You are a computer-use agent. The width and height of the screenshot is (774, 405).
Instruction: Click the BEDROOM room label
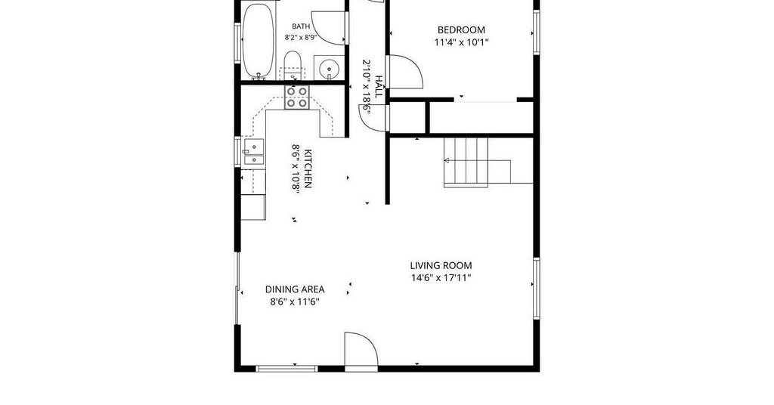point(461,29)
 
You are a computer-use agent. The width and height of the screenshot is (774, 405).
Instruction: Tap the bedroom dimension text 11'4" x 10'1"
point(461,42)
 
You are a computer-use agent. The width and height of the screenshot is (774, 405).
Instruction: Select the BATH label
point(301,26)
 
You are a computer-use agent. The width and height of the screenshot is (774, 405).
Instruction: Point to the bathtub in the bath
point(258,41)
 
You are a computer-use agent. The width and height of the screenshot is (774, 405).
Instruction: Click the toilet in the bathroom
point(293,65)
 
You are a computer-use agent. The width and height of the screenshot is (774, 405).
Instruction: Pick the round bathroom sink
point(328,68)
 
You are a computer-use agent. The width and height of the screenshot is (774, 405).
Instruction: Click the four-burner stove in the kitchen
point(297,97)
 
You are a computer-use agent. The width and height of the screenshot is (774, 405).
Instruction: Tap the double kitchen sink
point(254,152)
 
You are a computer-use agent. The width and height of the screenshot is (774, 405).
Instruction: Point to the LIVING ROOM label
point(441,265)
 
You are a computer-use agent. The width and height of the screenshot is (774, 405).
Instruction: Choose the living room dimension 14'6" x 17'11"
point(441,278)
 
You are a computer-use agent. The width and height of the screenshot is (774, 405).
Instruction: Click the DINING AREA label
point(295,289)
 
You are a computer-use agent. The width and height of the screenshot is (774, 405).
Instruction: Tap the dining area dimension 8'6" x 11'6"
point(295,301)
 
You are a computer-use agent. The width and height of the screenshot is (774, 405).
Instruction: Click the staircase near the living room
point(477,162)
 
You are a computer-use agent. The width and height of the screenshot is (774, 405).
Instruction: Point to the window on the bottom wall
point(286,368)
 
